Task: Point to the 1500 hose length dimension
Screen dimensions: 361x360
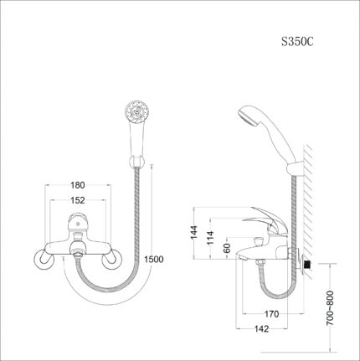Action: coord(153,259)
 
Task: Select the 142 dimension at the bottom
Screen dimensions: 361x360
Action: coord(263,330)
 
